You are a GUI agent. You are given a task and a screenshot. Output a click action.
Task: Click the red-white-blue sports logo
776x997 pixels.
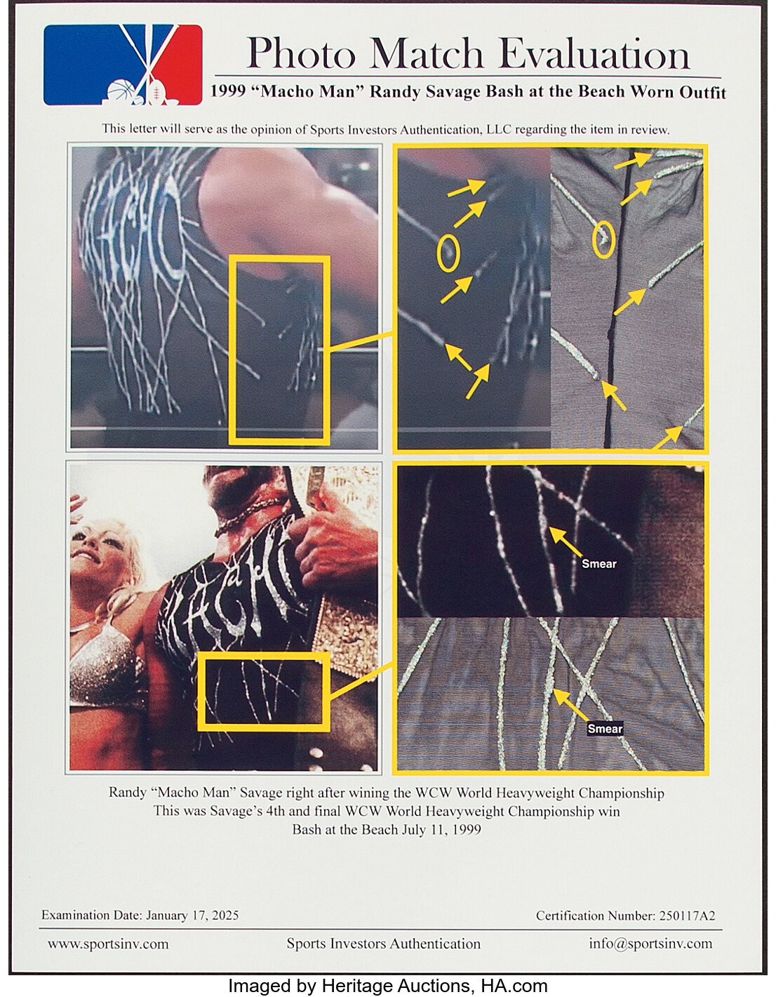coord(123,65)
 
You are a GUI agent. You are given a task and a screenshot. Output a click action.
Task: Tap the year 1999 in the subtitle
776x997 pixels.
coord(228,92)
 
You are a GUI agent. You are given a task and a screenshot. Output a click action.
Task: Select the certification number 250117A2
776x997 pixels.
coord(687,916)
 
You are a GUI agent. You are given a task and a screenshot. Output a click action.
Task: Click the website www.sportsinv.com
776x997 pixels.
coord(108,944)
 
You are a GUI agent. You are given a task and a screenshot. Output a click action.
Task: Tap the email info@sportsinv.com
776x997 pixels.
coord(650,943)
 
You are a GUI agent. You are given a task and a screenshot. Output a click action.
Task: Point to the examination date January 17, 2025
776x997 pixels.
coord(192,916)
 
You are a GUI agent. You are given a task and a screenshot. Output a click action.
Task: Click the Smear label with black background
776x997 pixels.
coord(605,729)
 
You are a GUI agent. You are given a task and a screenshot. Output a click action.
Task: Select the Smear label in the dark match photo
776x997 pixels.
coord(598,563)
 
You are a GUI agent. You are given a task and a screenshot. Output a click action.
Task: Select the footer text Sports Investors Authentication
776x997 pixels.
coord(384,944)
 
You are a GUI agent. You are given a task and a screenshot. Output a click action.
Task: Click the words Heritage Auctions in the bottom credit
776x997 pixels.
coord(395,986)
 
